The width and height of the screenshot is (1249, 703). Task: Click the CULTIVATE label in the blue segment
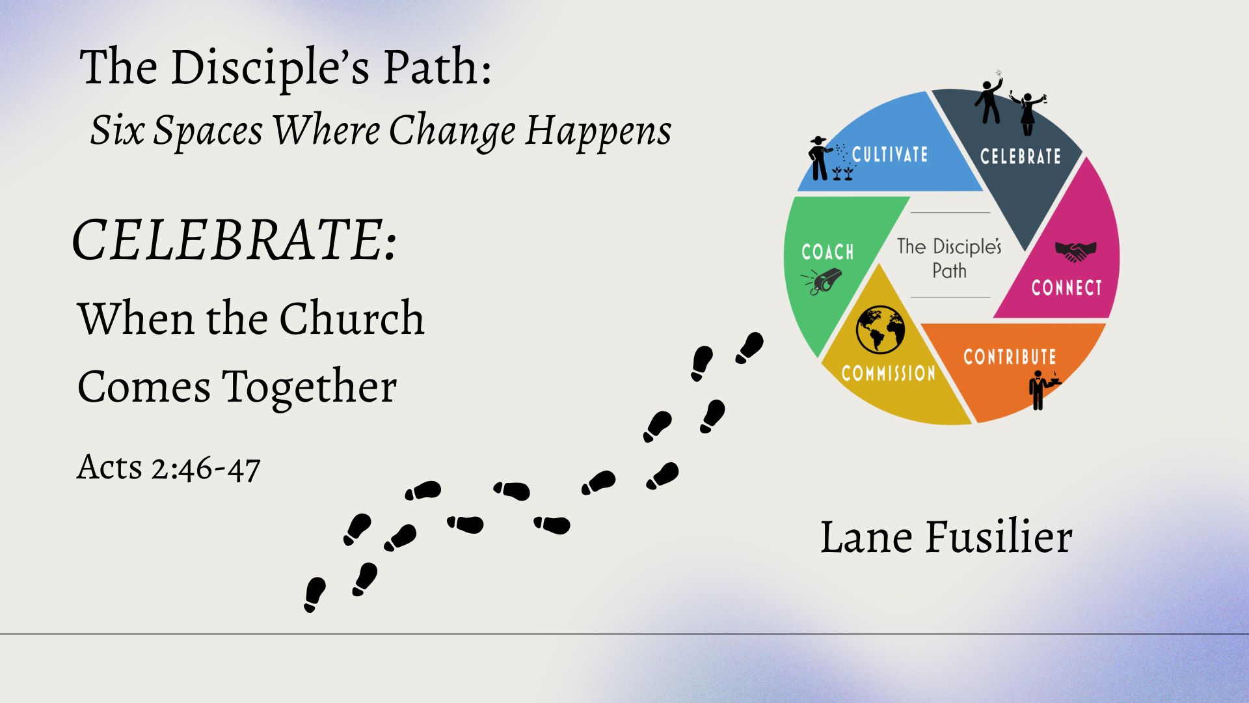pos(889,154)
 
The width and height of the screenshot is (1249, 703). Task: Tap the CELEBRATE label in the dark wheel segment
pos(1020,156)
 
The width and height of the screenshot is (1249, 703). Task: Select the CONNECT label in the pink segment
pos(1066,288)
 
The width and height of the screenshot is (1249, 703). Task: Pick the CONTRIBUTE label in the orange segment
pos(1010,356)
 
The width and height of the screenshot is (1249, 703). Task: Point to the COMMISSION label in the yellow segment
pos(889,373)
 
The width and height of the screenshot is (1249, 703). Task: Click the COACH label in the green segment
pos(827,252)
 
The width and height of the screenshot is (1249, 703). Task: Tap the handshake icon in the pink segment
pos(1075,251)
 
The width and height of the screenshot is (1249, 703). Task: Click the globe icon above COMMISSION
pos(880,329)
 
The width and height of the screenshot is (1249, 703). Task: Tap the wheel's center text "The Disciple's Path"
pos(949,258)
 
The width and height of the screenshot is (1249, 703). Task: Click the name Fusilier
pos(999,538)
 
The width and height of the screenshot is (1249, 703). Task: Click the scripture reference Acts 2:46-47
pos(168,467)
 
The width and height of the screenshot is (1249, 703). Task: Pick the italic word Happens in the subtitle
pos(598,130)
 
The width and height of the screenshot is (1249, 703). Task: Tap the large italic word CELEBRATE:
pos(234,240)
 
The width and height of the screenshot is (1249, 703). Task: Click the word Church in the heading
pos(352,318)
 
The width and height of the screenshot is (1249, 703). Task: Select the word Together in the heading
pos(310,387)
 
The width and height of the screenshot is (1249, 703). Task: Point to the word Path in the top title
pos(437,67)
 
